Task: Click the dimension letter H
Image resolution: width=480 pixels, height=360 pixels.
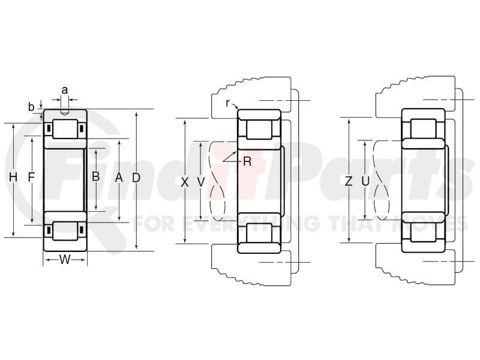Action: pos(13,177)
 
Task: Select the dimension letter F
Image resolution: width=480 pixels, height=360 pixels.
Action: pos(31,177)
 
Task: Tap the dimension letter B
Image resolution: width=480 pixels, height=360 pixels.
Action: pos(96,176)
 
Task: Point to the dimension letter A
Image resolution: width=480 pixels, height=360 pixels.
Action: pos(119,177)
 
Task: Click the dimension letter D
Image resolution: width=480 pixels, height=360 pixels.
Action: pos(136,178)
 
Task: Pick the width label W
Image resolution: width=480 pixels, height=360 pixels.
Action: pos(65,260)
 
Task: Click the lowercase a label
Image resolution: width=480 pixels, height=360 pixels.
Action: pos(65,91)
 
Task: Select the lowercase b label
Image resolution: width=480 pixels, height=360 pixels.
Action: pos(31,107)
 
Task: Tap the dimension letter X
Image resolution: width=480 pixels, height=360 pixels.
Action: pos(185,182)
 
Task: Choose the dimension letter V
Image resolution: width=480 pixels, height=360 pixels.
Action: pos(201,182)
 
